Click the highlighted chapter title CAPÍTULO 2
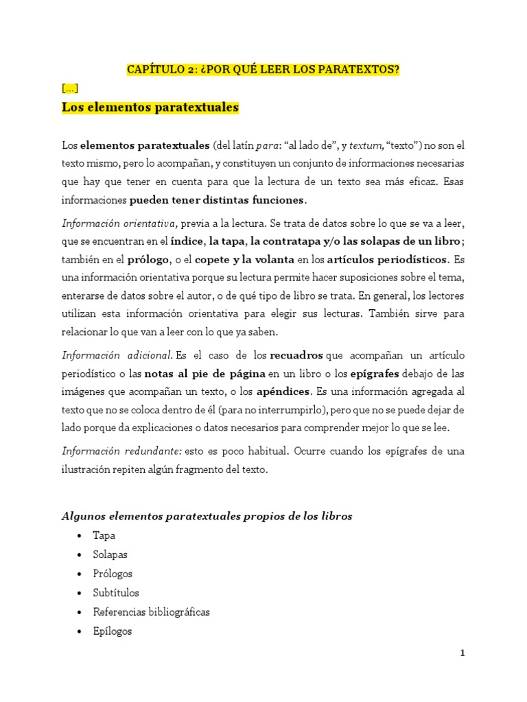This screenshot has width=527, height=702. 263,70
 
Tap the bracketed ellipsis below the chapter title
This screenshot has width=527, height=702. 69,88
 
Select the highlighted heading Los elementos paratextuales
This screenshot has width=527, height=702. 150,108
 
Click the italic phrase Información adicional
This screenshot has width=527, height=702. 117,355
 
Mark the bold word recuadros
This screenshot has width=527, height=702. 297,355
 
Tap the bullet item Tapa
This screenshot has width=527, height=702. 104,535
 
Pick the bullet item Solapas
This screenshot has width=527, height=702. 110,555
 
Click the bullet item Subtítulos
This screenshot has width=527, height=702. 116,593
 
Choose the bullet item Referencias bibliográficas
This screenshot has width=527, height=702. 152,612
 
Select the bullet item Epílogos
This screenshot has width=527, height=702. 113,631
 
